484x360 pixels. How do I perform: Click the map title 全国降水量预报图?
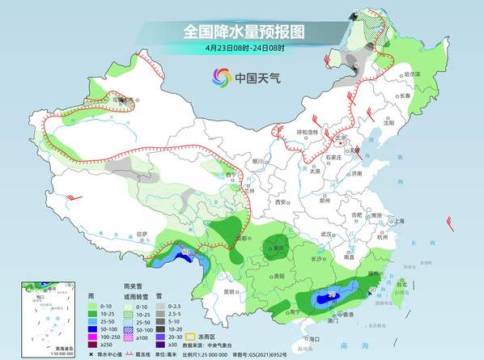pyautogui.click(x=242, y=32)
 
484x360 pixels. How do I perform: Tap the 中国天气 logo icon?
pyautogui.click(x=222, y=78)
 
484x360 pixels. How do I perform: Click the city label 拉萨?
pyautogui.click(x=142, y=234)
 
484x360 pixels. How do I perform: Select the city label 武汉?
pyautogui.click(x=327, y=233)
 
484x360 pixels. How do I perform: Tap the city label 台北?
pyautogui.click(x=401, y=284)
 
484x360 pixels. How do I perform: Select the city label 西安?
pyautogui.click(x=280, y=202)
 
